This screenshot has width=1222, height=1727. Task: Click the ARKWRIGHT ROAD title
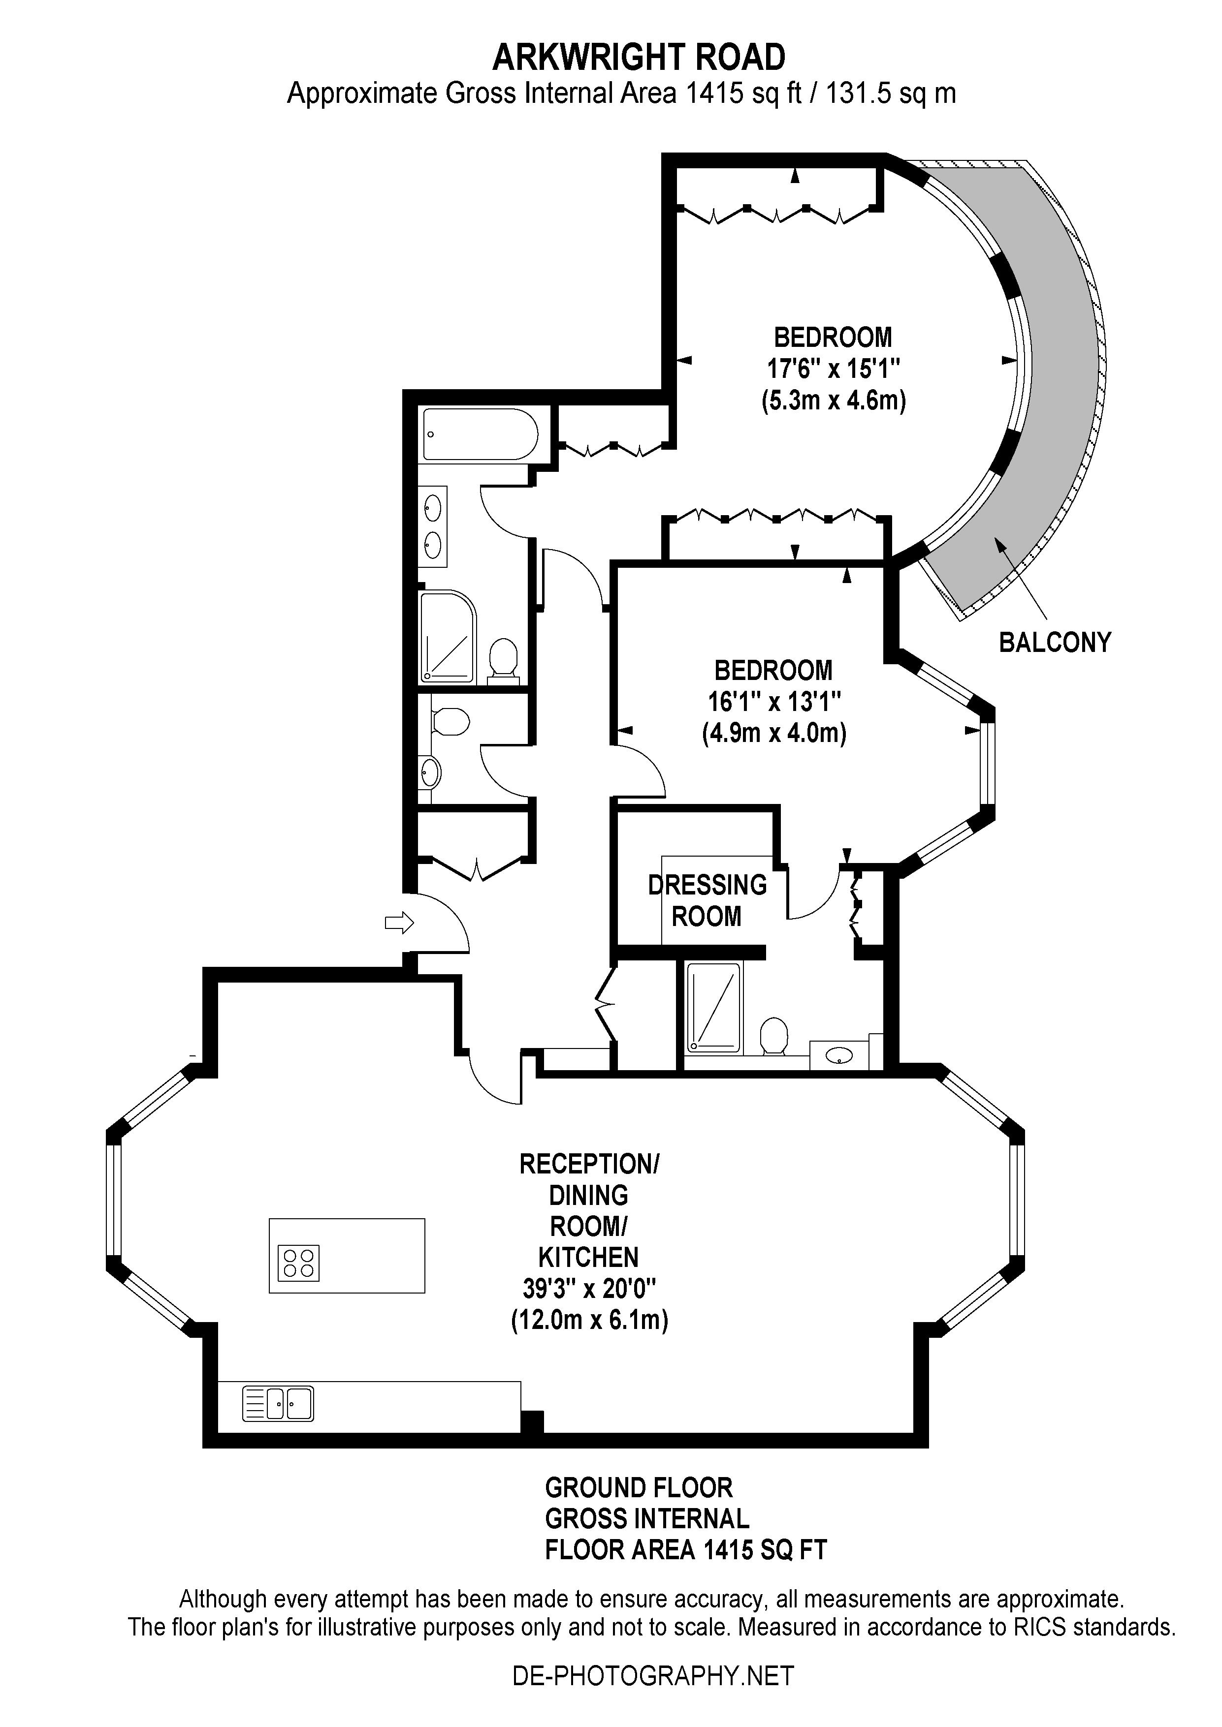click(x=639, y=57)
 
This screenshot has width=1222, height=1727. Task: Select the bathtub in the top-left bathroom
click(x=480, y=434)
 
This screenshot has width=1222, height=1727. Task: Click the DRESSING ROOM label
click(x=707, y=900)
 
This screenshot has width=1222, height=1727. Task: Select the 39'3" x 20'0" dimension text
click(x=590, y=1289)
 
